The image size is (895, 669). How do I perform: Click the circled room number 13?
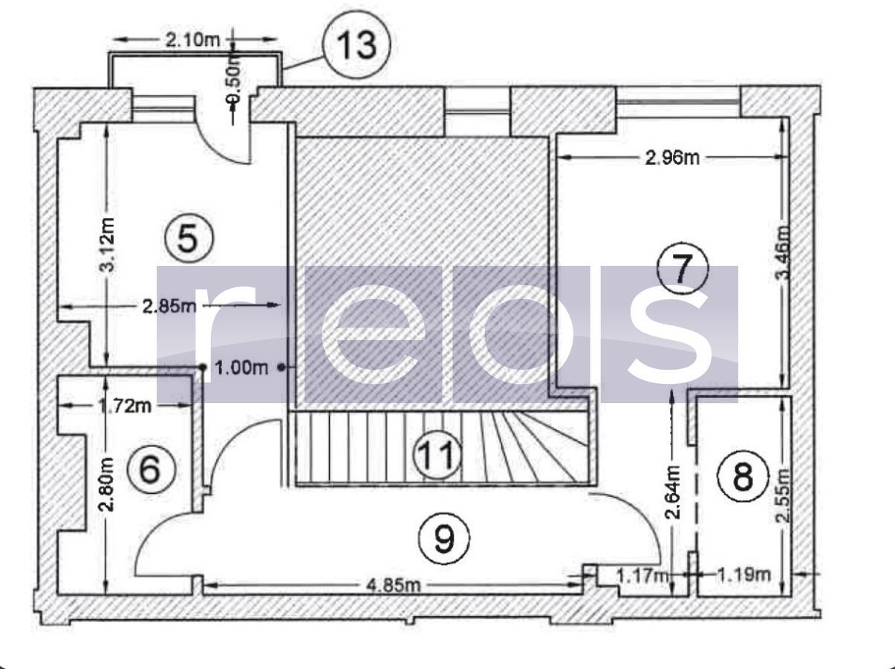357,45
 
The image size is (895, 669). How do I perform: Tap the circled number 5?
189,238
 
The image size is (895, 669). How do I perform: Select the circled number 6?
151,469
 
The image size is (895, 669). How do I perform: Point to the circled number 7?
683,269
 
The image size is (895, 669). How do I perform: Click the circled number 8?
743,476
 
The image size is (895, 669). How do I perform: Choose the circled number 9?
444,538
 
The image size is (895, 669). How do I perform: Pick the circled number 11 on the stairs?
437,454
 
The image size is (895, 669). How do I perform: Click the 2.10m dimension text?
192,39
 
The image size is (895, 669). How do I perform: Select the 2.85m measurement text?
169,306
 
